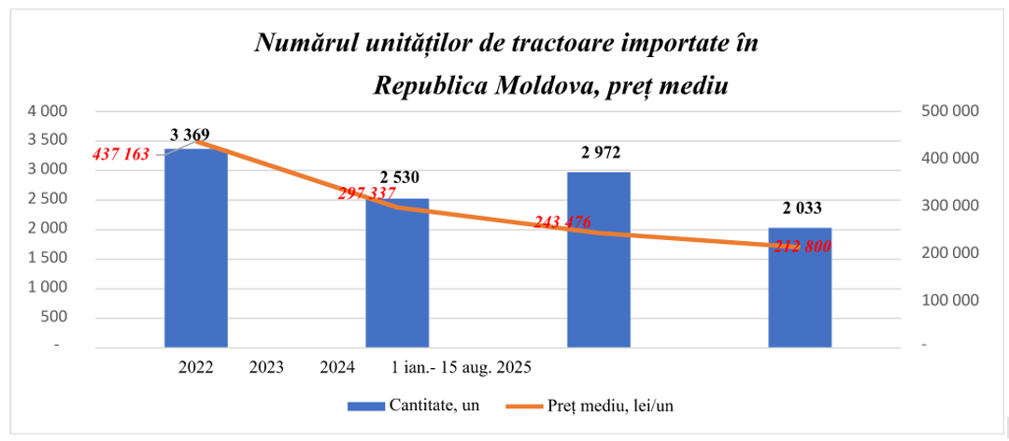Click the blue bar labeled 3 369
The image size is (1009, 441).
click(x=196, y=249)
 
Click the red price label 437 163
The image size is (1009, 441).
click(x=121, y=154)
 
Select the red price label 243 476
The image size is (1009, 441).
click(x=562, y=222)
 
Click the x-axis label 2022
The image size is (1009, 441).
click(x=196, y=368)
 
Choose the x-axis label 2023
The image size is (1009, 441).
click(x=266, y=368)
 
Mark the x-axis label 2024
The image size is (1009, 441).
click(x=336, y=368)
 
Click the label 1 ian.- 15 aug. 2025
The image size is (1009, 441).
click(x=462, y=368)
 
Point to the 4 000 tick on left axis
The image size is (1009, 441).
click(x=49, y=110)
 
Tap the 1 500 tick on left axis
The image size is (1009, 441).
click(x=49, y=258)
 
